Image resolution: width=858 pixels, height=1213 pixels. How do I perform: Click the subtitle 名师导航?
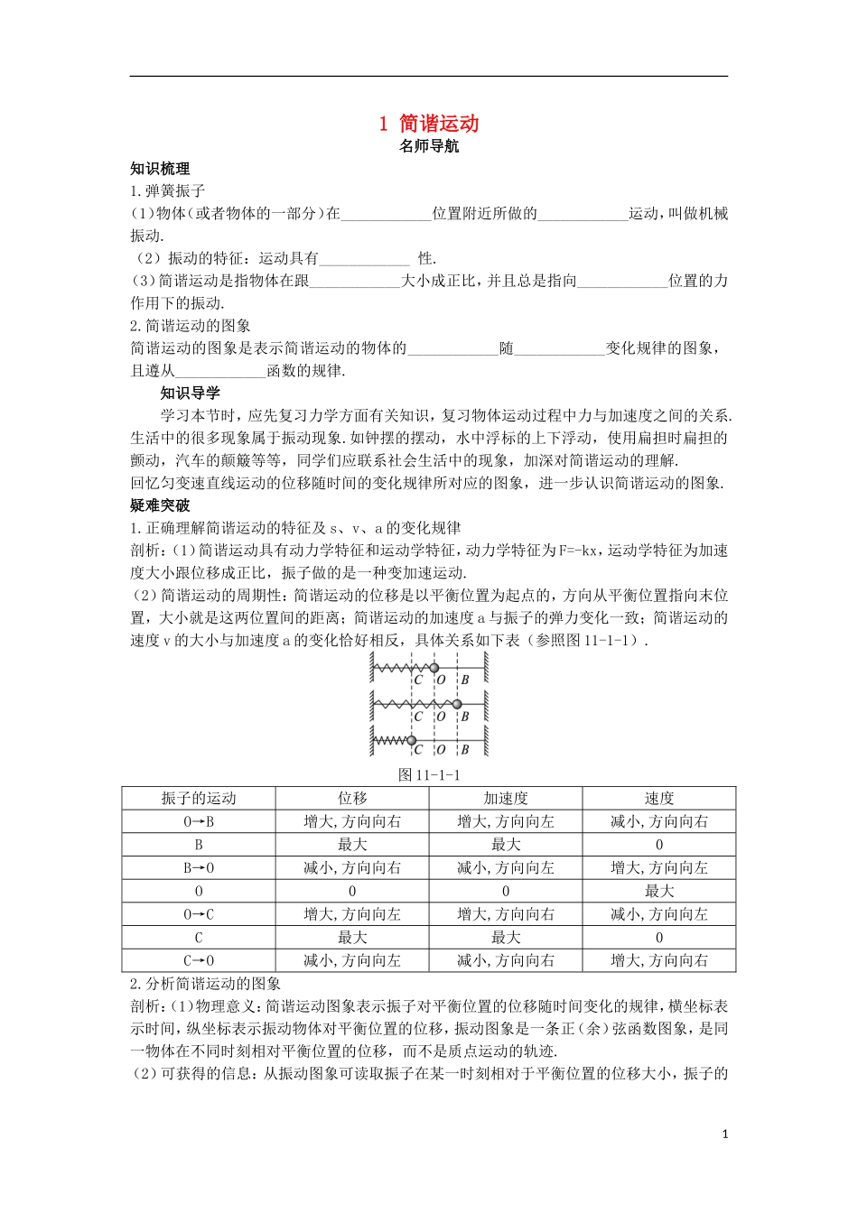pos(429,145)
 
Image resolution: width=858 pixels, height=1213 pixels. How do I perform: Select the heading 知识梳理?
pos(160,169)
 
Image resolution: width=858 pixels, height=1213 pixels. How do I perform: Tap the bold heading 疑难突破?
pos(160,505)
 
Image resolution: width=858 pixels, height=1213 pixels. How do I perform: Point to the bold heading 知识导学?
pos(190,393)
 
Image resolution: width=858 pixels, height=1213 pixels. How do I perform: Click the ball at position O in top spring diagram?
pos(434,668)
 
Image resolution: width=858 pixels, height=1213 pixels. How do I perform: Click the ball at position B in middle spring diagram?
pos(457,704)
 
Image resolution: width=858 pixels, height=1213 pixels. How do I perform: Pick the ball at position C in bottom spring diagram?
pos(412,740)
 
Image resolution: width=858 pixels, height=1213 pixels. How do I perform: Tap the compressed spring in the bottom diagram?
pos(391,741)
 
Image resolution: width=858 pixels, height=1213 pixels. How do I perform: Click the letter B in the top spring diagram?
pos(465,680)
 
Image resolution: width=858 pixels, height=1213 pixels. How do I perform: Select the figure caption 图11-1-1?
pos(429,774)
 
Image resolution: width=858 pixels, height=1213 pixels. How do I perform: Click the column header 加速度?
pos(505,798)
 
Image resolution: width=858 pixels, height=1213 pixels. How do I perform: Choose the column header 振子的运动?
pos(199,798)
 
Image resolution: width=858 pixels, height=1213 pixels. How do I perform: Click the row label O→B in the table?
pos(199,821)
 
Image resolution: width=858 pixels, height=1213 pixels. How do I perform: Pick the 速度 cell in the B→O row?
pos(658,867)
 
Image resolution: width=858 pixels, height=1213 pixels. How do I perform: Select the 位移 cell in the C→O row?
pos(351,960)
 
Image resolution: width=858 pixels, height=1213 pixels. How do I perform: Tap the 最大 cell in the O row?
pos(658,891)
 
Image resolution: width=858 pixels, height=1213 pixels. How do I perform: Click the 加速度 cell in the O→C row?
pos(505,914)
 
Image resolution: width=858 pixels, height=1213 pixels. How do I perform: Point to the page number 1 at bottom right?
pos(724,1134)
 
